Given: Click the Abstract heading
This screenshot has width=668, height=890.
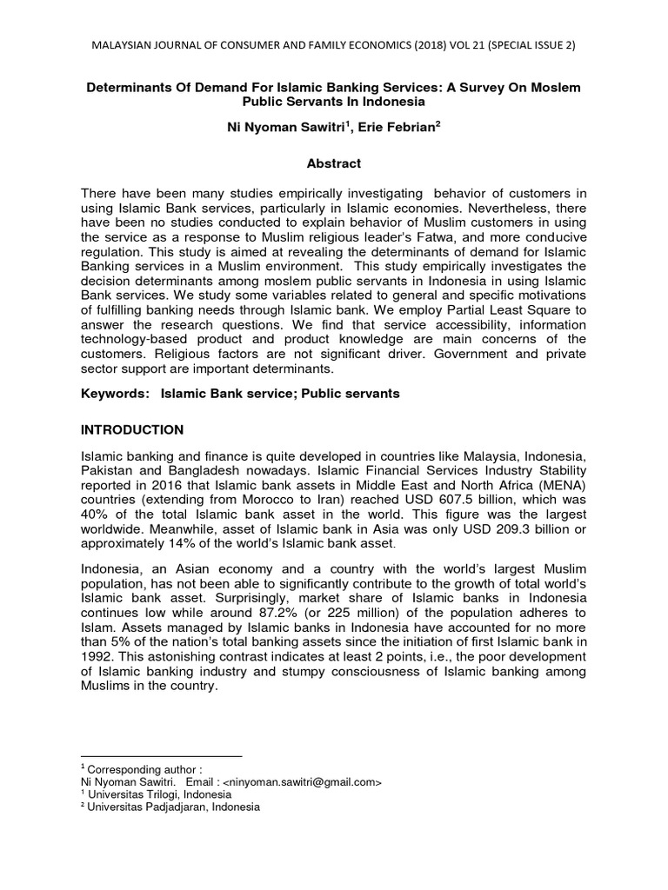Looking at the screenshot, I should [x=333, y=163].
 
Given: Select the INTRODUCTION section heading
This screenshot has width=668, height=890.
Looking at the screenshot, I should [x=131, y=429].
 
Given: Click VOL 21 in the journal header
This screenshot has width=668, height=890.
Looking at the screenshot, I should [x=465, y=44].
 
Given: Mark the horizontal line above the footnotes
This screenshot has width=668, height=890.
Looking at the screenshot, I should [x=161, y=756].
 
